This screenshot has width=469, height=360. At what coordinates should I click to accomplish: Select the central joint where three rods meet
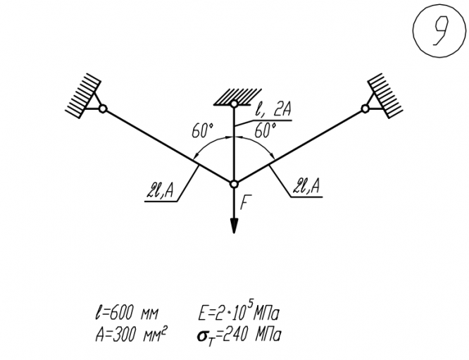coord(234,184)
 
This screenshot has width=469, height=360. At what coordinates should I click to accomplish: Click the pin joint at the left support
coord(103,108)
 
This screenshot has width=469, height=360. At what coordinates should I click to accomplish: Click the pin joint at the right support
coord(365,108)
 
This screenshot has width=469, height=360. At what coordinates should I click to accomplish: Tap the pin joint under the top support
coord(234,104)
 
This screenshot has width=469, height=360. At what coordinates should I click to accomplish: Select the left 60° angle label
coord(202,131)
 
